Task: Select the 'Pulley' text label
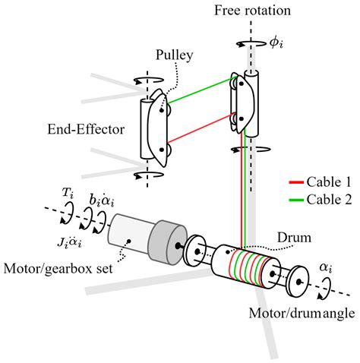(173, 55)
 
